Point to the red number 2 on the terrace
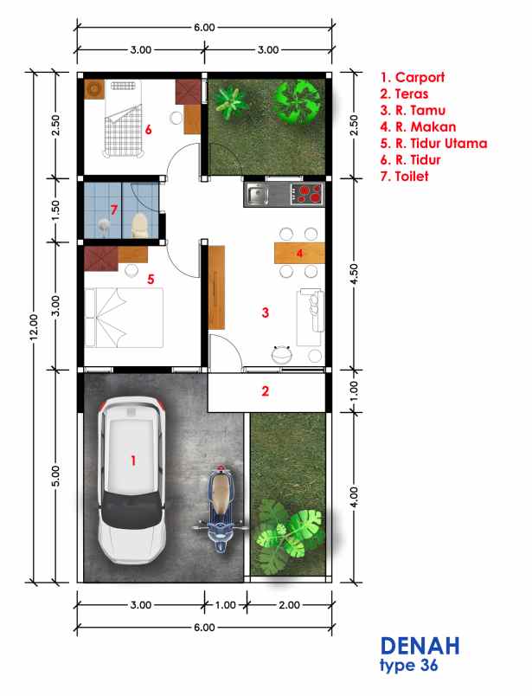pos(266,391)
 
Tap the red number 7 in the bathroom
pos(113,210)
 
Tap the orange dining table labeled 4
pos(298,253)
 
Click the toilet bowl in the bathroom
pos(138,225)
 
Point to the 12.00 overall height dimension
pos(34,325)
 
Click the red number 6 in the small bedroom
pos(149,131)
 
